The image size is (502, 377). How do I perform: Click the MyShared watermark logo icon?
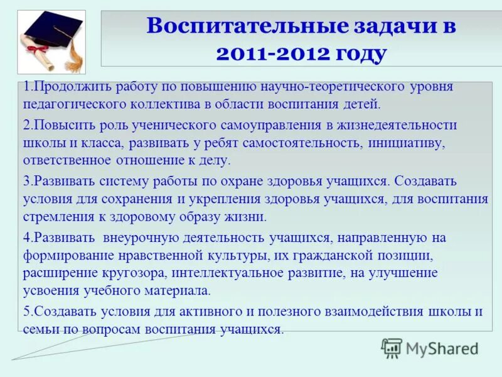click(392, 348)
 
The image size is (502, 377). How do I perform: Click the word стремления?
click(56, 217)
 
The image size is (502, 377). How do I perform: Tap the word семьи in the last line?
click(39, 329)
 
